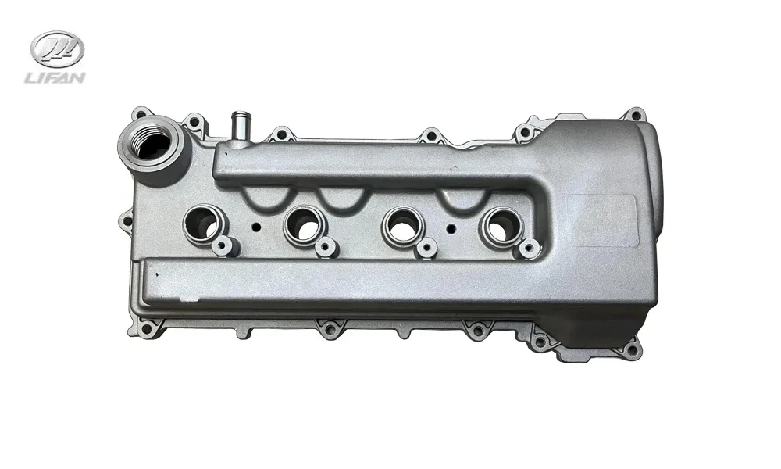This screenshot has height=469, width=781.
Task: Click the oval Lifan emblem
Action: click(57, 49)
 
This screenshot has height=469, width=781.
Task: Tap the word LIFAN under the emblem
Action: click(55, 77)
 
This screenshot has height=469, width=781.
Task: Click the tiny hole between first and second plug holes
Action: click(256, 227)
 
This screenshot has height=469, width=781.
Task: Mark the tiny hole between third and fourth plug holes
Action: click(451, 228)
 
